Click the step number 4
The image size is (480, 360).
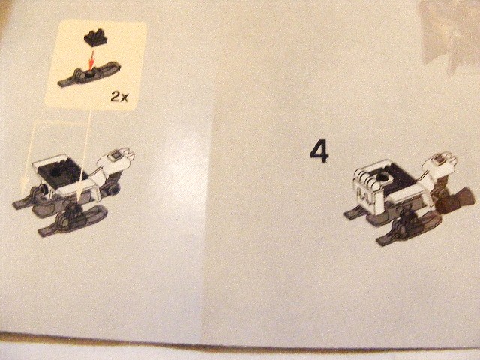pyautogui.click(x=319, y=152)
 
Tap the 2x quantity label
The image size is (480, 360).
pyautogui.click(x=120, y=97)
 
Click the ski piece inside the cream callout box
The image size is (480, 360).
pyautogui.click(x=88, y=74)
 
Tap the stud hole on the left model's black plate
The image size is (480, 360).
pyautogui.click(x=55, y=172)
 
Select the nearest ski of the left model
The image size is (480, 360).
pyautogui.click(x=72, y=220)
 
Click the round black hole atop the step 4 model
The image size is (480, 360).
pyautogui.click(x=382, y=177)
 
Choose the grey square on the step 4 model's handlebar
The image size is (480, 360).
pyautogui.click(x=439, y=160)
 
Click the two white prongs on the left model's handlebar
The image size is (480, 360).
pyautogui.click(x=129, y=155)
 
